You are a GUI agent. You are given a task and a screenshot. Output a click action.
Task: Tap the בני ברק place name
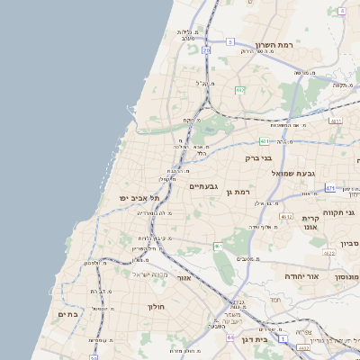pos(258,157)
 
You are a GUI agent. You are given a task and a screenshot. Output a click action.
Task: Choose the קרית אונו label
pos(311,224)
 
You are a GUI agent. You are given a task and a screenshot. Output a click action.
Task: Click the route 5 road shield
pos(229,41)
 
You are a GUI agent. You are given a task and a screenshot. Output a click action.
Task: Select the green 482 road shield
pos(239,90)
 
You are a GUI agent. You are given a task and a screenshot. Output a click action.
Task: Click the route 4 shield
pos(342,10)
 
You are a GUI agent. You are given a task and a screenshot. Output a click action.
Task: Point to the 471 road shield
pos(330,188)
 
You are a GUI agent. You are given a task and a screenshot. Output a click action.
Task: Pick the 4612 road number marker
pos(286,217)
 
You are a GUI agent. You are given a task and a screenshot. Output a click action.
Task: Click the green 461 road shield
pos(218,246)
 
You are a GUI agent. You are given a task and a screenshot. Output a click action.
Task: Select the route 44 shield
pos(230,337)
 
